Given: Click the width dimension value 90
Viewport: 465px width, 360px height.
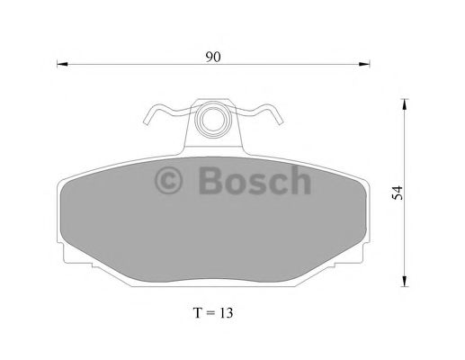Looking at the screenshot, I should click(213, 57).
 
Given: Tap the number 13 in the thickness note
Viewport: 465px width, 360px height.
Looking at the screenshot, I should click(226, 313).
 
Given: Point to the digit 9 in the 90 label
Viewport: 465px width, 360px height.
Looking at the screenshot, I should click(209, 57).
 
